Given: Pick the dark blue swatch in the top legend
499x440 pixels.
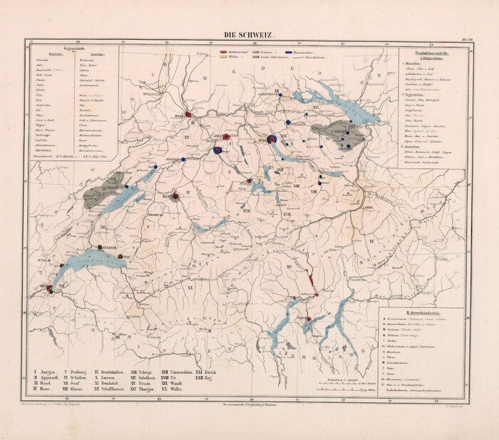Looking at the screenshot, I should [289, 53].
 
